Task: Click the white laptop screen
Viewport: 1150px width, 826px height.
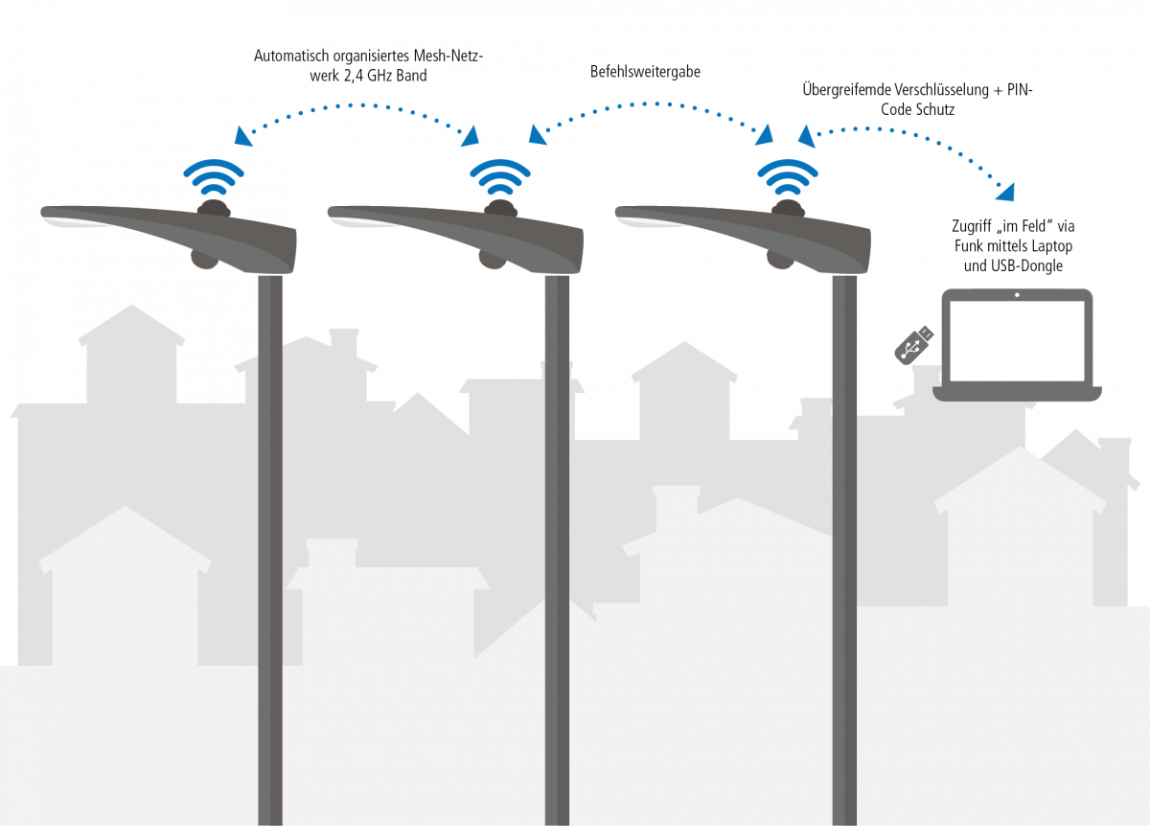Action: point(1017,340)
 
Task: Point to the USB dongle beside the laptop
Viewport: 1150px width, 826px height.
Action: point(913,345)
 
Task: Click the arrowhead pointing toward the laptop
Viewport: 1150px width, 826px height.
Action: point(1005,193)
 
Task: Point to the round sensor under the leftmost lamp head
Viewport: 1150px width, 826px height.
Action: point(204,259)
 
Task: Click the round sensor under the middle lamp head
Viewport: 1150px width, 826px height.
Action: point(492,259)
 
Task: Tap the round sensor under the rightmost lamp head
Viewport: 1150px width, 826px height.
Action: point(779,259)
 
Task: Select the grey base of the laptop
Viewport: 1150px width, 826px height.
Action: point(1017,393)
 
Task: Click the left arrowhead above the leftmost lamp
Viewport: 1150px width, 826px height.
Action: point(243,137)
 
